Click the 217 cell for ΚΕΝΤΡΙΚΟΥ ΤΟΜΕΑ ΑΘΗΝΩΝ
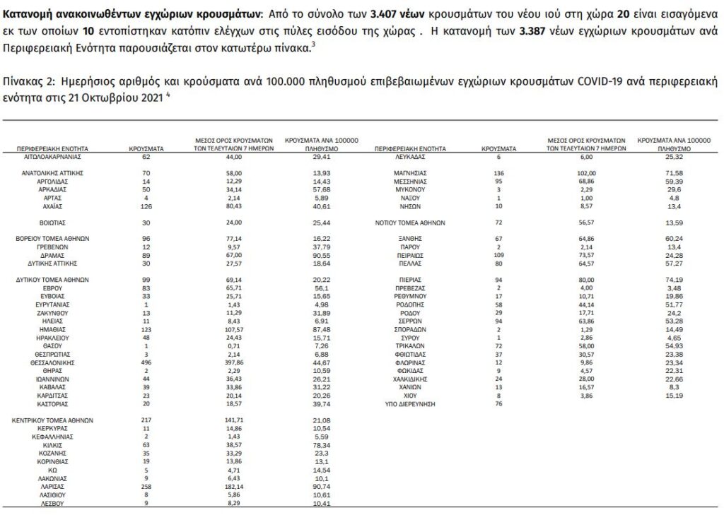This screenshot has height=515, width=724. pyautogui.click(x=147, y=419)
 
